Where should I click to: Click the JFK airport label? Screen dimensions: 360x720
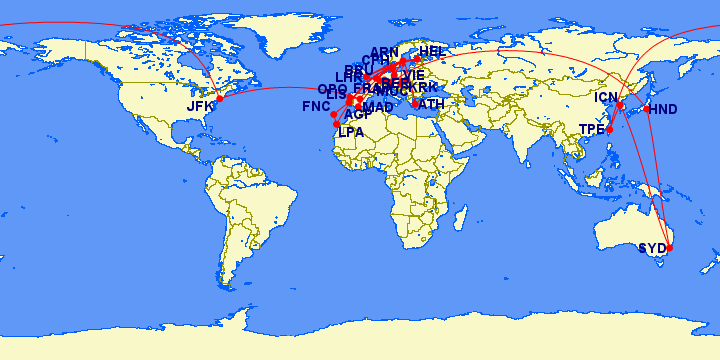tap(201, 106)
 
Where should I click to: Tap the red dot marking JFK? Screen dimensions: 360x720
tap(220, 98)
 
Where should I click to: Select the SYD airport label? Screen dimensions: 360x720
tap(651, 248)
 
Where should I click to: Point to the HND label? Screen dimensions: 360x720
tap(663, 109)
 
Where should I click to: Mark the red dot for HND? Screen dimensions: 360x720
tap(647, 108)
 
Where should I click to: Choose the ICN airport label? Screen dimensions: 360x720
tap(607, 97)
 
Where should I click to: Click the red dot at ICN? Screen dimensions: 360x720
tap(620, 105)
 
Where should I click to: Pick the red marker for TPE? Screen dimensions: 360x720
tap(609, 130)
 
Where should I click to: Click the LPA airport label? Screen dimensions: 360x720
tap(351, 132)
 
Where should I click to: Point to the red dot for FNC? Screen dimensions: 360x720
tap(334, 114)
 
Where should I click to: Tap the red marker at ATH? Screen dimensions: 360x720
tap(415, 103)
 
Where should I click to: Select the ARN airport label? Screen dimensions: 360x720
tap(384, 52)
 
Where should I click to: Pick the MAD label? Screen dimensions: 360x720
tap(378, 107)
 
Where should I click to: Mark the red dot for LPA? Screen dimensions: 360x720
tap(337, 124)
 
